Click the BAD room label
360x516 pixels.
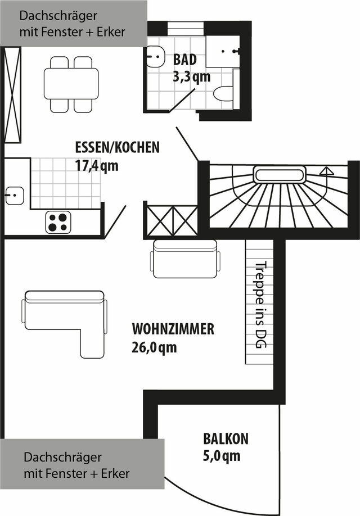point(185,59)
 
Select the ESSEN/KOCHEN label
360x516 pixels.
point(117,147)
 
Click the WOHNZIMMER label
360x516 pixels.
point(173,329)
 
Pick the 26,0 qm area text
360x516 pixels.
point(154,347)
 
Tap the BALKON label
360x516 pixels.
point(226,438)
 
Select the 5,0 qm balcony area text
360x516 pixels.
point(222,456)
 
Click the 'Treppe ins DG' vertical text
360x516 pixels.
point(260,305)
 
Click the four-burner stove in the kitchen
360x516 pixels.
point(58,221)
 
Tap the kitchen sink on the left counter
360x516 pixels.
point(14,196)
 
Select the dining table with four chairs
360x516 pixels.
point(71,84)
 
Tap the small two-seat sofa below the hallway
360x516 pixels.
point(184,259)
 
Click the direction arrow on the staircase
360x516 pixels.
point(326,171)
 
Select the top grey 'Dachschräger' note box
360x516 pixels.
point(73,23)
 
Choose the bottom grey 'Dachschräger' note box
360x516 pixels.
point(82,465)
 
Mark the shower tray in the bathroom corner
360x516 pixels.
point(222,51)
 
